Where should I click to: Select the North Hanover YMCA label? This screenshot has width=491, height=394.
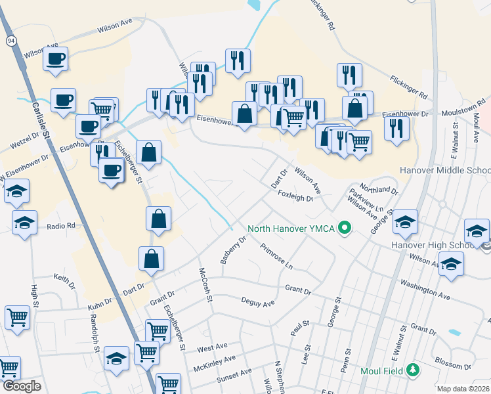pos(291,229)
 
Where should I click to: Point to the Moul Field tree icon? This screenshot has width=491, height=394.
pos(412,370)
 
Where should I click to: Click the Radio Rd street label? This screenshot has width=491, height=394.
pos(61,225)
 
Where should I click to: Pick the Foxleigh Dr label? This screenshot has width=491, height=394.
pos(295,196)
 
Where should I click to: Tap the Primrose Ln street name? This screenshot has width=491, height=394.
pos(276,256)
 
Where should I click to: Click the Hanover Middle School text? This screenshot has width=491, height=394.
pos(445,170)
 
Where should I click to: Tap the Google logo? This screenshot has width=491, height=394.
pos(22,386)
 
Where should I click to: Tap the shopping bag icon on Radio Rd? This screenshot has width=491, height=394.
pos(159,218)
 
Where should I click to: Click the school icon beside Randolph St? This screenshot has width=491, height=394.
pos(117,359)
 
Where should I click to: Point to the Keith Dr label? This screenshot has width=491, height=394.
pos(65,280)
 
